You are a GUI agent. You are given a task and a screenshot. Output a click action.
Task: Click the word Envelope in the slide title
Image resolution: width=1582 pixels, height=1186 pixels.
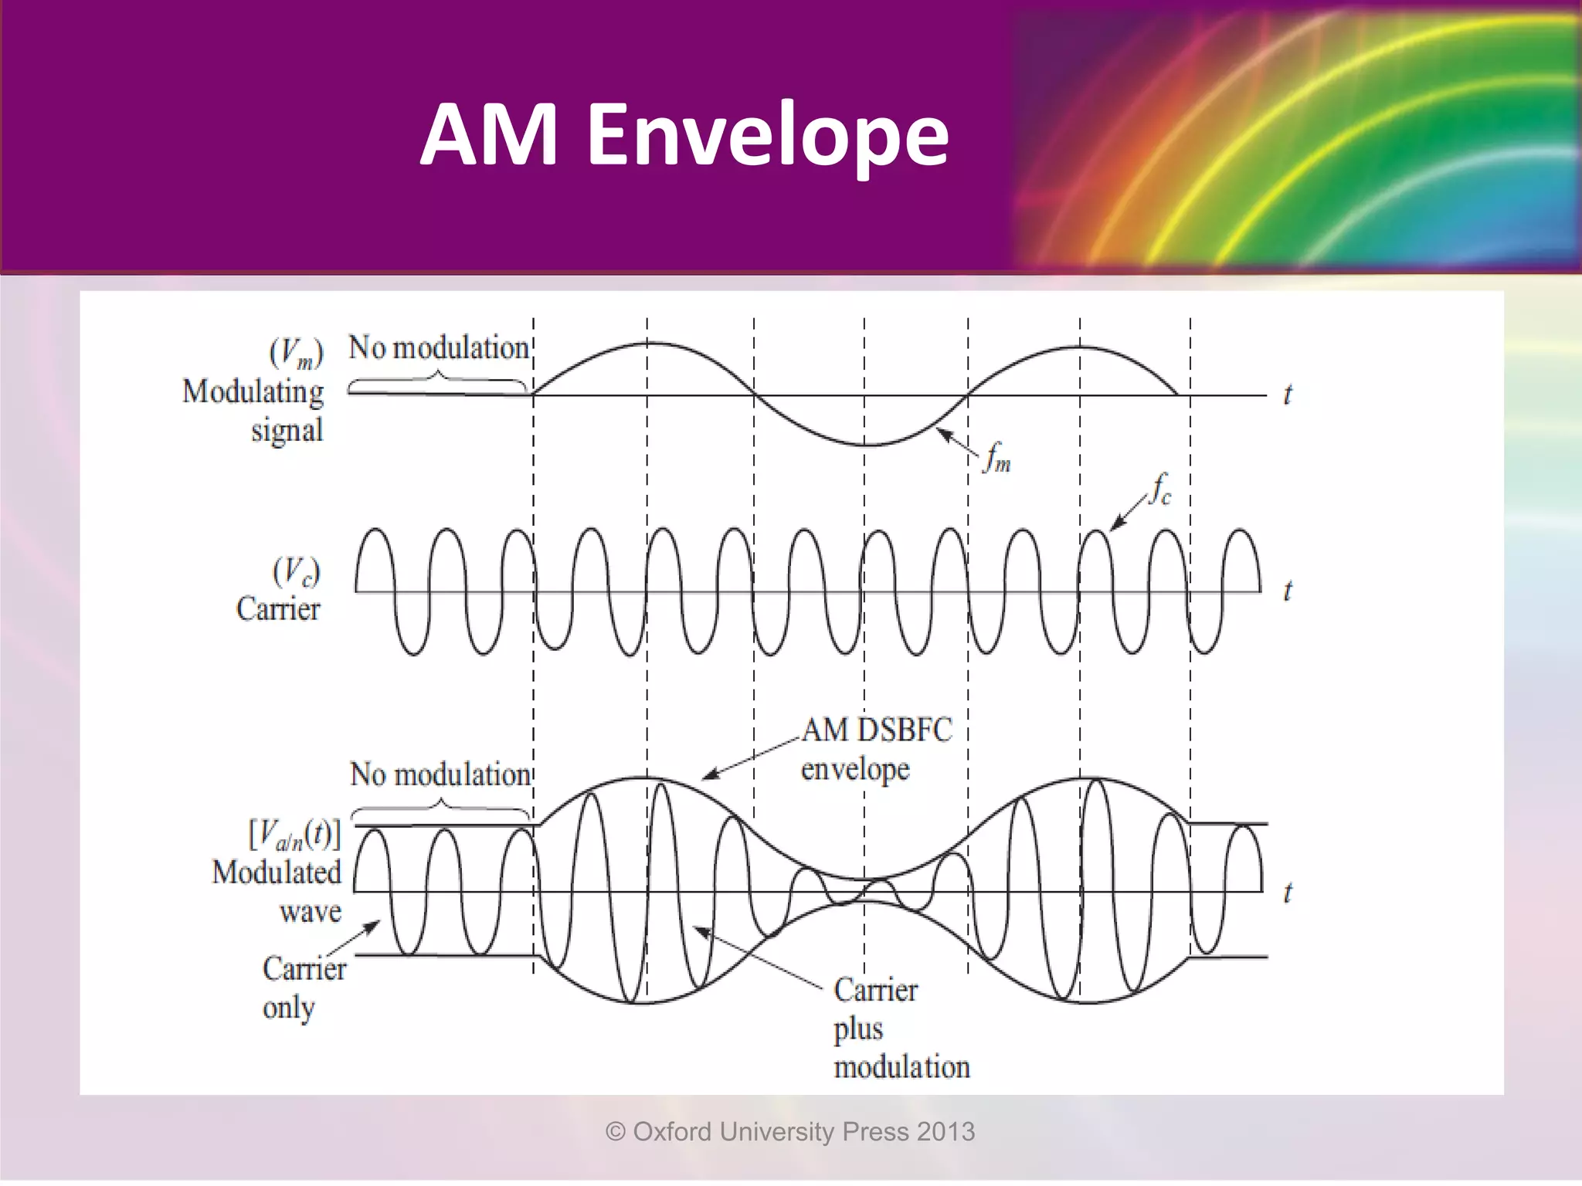coord(768,135)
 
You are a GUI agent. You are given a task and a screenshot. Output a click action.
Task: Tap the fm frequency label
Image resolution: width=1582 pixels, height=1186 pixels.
coord(997,456)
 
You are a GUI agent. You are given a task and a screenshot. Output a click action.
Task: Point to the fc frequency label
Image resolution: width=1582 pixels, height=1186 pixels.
coord(1161,489)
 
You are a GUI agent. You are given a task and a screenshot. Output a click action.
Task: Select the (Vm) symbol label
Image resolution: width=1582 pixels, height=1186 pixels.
coord(296,354)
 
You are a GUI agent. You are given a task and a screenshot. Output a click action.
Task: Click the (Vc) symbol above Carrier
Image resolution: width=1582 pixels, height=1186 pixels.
coord(296,572)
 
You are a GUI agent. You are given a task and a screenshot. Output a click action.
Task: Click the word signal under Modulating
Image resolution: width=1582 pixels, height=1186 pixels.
coord(287,431)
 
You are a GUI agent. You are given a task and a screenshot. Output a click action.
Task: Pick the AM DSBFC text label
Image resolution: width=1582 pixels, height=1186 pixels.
coord(877,730)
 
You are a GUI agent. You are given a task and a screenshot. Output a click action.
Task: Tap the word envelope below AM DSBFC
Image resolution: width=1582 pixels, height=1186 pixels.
coord(855,770)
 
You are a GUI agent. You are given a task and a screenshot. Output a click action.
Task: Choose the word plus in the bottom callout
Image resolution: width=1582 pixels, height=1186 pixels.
coord(857,1029)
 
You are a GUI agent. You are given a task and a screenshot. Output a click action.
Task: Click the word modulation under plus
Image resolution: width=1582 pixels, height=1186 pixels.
coord(901,1068)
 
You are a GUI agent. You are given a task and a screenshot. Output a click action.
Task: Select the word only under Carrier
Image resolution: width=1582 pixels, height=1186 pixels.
coord(288,1008)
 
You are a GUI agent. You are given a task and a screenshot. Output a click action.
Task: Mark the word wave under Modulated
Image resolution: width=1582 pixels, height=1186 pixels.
coord(310,912)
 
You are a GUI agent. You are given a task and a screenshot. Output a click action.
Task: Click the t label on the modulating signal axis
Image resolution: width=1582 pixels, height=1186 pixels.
coord(1287,395)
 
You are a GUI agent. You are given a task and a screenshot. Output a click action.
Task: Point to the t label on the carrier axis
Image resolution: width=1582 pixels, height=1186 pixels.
coord(1287,591)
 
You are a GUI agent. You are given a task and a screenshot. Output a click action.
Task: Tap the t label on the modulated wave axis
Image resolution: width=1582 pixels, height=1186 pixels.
coord(1287,893)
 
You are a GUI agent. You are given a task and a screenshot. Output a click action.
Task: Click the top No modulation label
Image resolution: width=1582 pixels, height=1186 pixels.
coord(438,348)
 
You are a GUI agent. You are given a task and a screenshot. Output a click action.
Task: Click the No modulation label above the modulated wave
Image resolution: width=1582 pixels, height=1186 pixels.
coord(440,774)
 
